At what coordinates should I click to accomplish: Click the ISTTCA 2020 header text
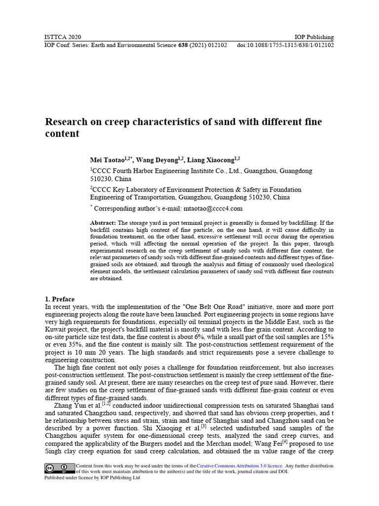click(63, 37)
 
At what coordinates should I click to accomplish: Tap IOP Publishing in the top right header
click(314, 37)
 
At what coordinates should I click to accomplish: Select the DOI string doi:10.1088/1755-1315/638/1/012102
click(285, 45)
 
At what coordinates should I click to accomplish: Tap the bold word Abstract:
click(103, 223)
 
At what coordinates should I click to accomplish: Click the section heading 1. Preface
click(60, 299)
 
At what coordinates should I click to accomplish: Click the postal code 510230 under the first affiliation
click(101, 179)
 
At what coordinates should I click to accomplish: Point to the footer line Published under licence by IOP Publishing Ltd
click(92, 478)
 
